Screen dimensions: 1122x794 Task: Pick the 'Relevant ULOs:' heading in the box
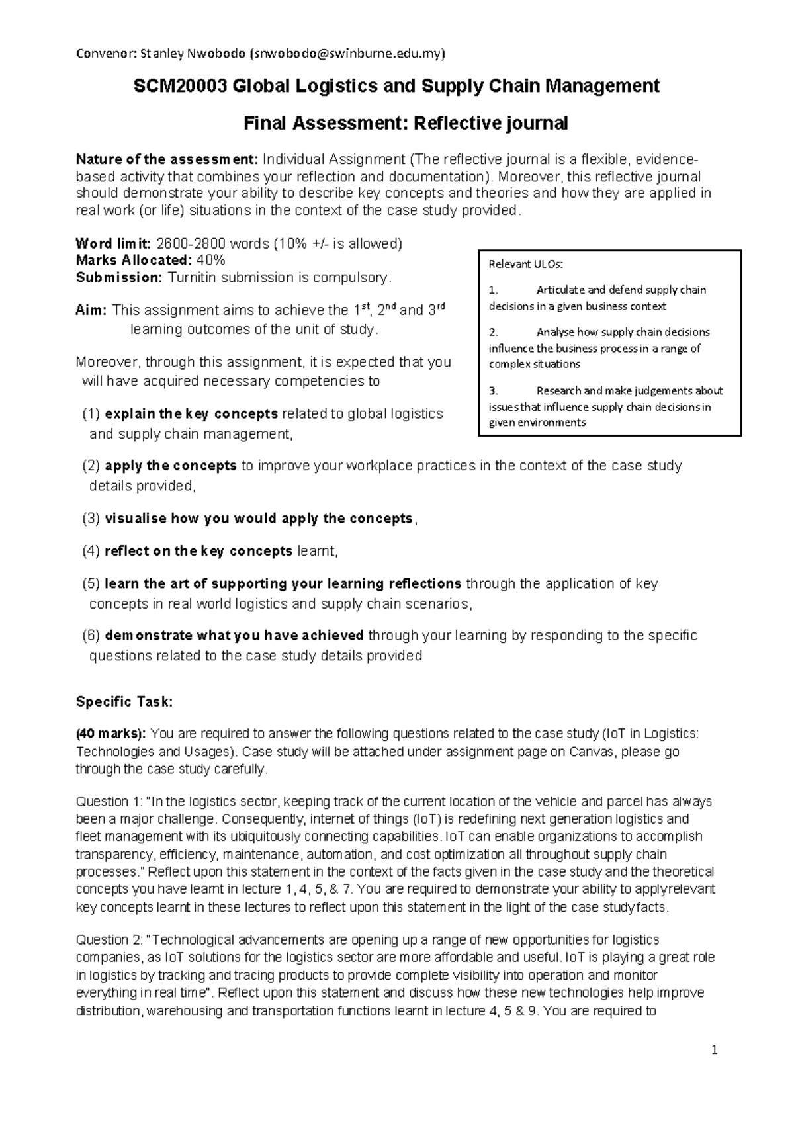click(525, 264)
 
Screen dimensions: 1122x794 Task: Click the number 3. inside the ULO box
click(493, 390)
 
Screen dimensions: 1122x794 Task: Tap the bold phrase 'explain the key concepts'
click(191, 414)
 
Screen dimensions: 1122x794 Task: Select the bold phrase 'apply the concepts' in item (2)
click(171, 466)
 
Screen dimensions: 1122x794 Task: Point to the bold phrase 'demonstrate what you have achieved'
click(234, 636)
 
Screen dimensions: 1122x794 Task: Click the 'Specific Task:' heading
click(124, 702)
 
